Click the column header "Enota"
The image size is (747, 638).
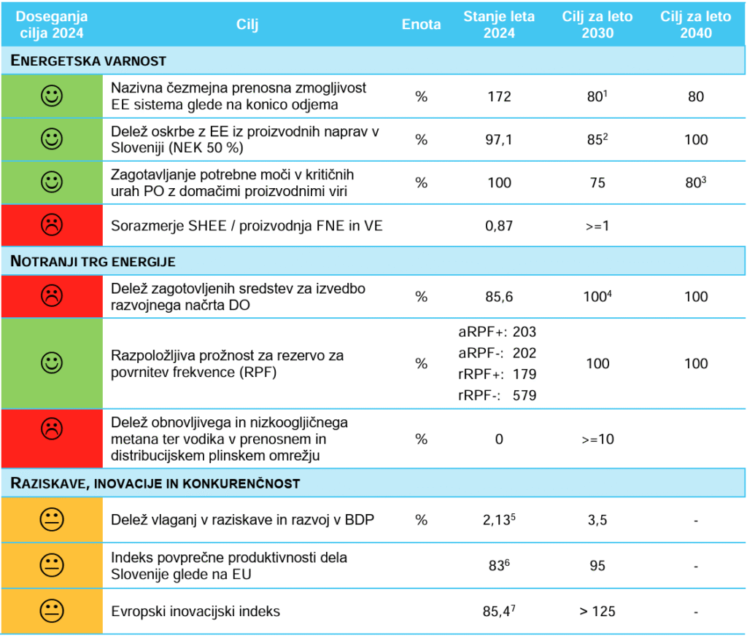[421, 24]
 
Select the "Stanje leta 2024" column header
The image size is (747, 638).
[499, 24]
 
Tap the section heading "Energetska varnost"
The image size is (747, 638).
[89, 61]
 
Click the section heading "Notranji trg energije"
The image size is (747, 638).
[93, 261]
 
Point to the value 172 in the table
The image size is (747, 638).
[499, 96]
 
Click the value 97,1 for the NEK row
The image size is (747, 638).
[499, 139]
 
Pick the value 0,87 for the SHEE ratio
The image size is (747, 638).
[499, 226]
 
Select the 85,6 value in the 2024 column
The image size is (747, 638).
[499, 297]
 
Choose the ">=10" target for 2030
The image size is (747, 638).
[597, 440]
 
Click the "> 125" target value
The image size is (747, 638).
[597, 611]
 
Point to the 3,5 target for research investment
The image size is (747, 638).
[597, 521]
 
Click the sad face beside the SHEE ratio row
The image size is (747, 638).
[52, 226]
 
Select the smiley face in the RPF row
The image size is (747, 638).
[52, 363]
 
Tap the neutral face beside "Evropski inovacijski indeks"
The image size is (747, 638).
[52, 611]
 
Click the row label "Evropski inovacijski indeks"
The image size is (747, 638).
[196, 611]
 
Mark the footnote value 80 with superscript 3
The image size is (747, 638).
[695, 182]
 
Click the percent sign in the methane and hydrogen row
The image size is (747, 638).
[421, 440]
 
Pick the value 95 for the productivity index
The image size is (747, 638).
[597, 565]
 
